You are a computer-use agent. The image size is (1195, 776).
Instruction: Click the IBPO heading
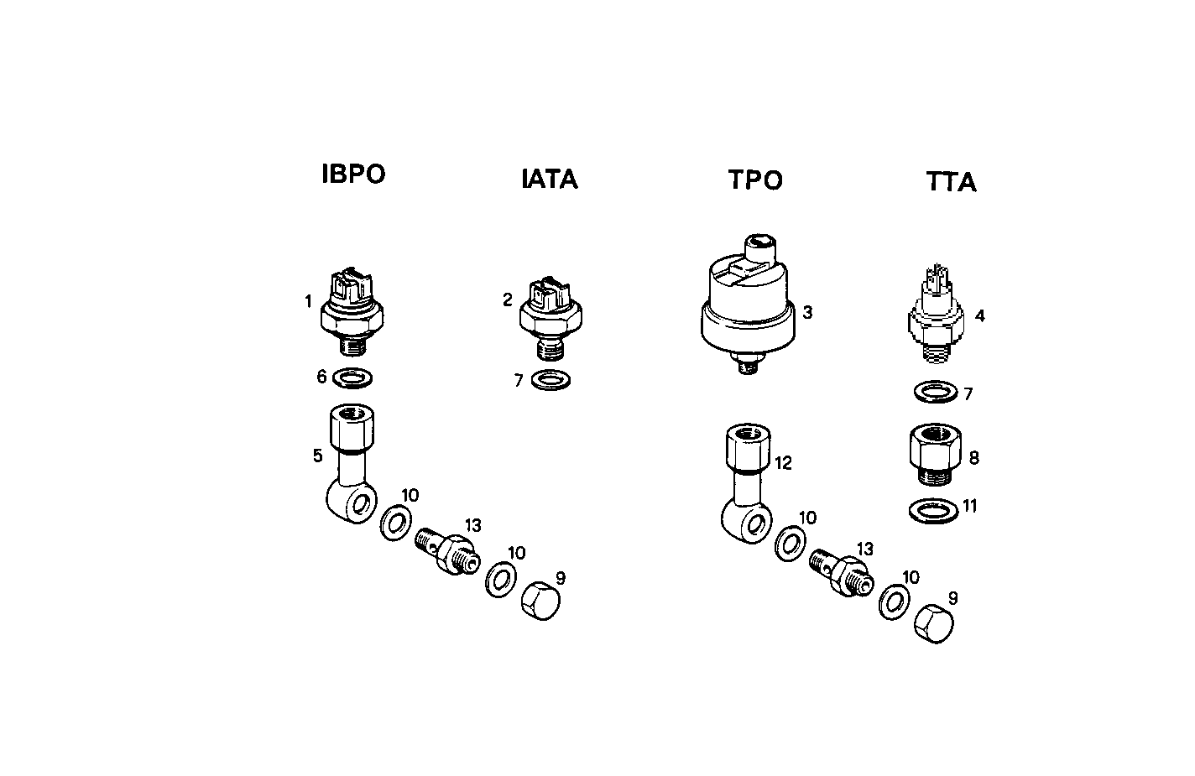[353, 174]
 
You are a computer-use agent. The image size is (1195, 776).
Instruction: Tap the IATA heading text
[550, 180]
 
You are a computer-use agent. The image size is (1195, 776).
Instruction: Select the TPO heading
[755, 180]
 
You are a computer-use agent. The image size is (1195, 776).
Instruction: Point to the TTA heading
[952, 182]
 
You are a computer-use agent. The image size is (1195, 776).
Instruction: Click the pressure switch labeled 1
[352, 310]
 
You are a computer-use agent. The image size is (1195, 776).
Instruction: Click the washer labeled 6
[353, 378]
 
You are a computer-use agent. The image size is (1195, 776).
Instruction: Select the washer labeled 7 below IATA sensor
[551, 380]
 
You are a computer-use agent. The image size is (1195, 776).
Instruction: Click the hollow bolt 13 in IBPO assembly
[446, 550]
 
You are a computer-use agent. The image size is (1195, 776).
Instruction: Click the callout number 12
[784, 462]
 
